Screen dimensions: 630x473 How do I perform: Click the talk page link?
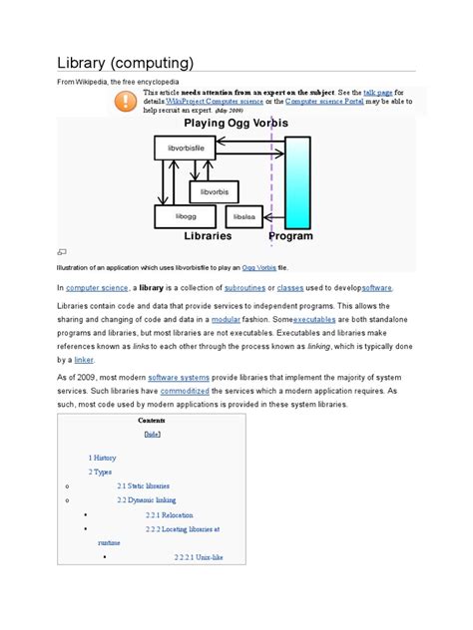tap(378, 91)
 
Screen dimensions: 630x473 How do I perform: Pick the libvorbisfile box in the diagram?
tap(185, 149)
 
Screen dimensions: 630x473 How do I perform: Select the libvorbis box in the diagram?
tap(214, 191)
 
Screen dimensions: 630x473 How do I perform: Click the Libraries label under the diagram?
tap(208, 236)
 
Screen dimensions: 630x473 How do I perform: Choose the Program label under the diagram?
tap(290, 236)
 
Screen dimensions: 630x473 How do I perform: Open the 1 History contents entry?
tap(102, 457)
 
